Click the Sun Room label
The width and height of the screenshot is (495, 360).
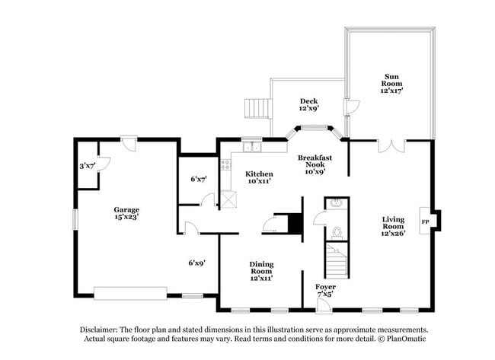[391, 83]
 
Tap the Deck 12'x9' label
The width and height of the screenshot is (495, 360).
[309, 105]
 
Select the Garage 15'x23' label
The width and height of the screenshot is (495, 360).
[126, 213]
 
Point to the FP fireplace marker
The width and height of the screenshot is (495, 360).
[425, 222]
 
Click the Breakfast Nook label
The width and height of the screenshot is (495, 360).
[315, 164]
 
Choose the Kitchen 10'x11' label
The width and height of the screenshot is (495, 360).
[259, 177]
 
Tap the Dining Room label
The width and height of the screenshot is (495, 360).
[261, 271]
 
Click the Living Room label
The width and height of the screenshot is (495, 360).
[393, 226]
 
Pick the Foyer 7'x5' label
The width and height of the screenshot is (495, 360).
[325, 290]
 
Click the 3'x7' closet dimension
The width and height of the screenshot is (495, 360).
[87, 166]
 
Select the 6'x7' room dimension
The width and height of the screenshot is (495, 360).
[199, 179]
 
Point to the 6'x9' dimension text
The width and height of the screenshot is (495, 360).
[197, 263]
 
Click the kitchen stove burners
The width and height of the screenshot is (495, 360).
[226, 164]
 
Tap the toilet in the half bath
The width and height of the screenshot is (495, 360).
[337, 233]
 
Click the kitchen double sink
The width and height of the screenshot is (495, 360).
[252, 147]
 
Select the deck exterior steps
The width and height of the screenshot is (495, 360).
[258, 109]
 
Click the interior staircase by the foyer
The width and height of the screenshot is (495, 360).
[337, 261]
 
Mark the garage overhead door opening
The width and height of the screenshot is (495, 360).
[130, 294]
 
